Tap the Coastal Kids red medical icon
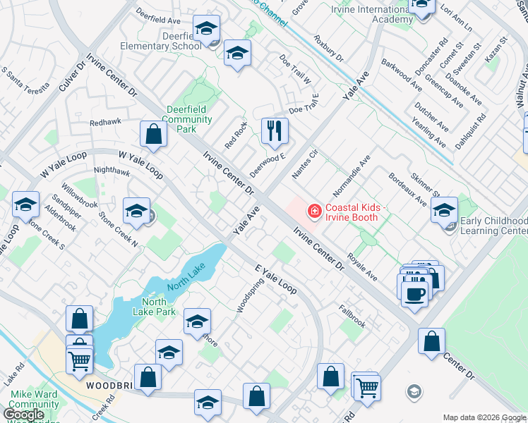click(313, 211)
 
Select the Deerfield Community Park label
click(187, 119)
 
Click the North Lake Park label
click(154, 307)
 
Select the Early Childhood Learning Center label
click(493, 226)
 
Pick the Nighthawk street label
click(112, 171)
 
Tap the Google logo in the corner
click(23, 414)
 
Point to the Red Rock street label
click(236, 135)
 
